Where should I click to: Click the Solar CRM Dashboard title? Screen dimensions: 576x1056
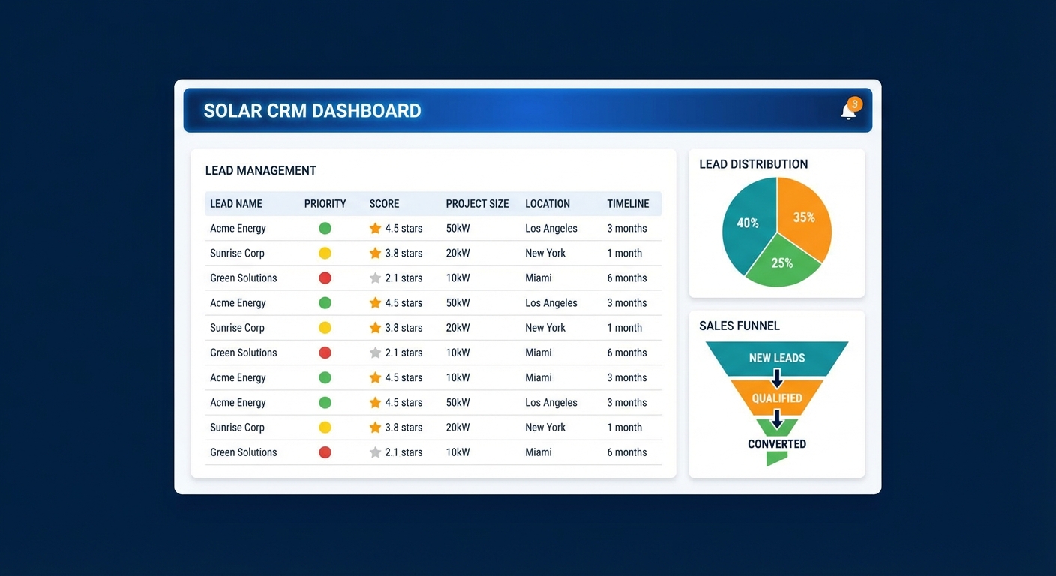click(x=312, y=111)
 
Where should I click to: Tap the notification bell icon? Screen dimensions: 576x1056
click(x=848, y=112)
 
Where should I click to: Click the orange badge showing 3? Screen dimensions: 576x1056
click(x=854, y=103)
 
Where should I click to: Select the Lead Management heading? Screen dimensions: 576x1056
click(x=261, y=171)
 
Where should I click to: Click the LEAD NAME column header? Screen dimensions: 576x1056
click(x=236, y=204)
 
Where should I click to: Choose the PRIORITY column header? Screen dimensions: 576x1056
click(x=325, y=204)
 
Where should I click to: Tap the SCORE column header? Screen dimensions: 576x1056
click(x=384, y=204)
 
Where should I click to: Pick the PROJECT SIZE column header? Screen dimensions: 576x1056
click(x=477, y=204)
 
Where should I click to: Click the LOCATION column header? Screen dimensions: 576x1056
click(x=547, y=204)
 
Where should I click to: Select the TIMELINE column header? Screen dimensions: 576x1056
click(x=628, y=204)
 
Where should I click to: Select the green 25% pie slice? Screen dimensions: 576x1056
click(x=782, y=265)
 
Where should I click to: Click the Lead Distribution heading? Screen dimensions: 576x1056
click(x=753, y=164)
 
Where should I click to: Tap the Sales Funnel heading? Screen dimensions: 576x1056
click(x=739, y=325)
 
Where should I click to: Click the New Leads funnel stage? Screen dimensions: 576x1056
click(x=777, y=358)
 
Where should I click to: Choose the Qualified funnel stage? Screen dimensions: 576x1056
click(x=777, y=398)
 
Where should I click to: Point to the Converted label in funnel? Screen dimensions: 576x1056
click(x=777, y=444)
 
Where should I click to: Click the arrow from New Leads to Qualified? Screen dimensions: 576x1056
click(x=777, y=377)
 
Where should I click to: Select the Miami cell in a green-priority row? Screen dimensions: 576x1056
click(x=538, y=377)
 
